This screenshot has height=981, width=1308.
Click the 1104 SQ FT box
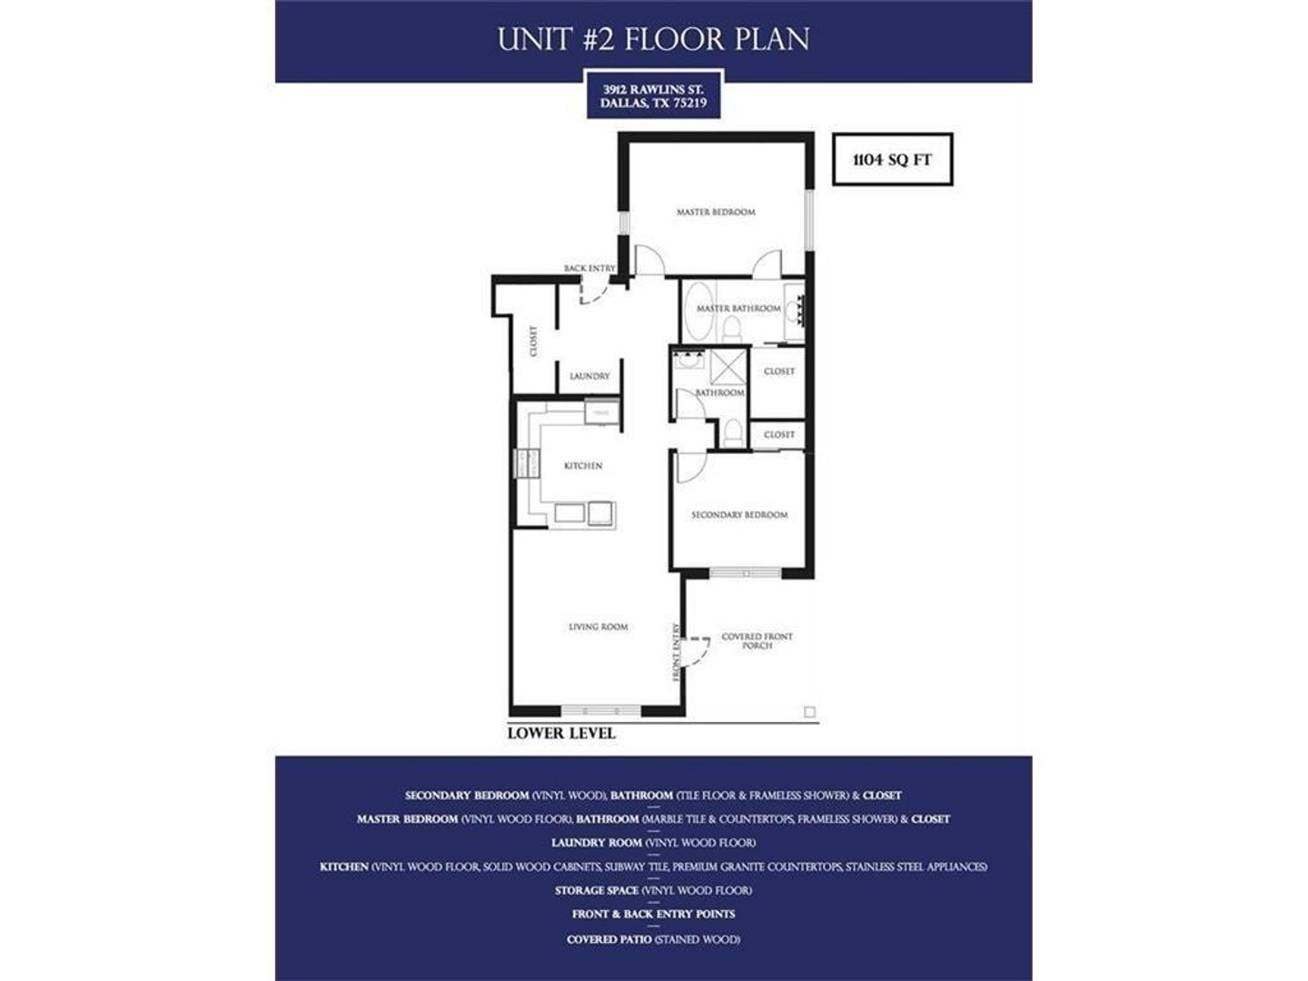pos(892,160)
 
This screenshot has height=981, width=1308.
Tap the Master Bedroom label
pos(716,212)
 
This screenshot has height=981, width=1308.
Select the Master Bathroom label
pos(738,309)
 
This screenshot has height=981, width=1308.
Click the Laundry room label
pos(590,376)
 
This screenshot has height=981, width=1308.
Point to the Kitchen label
pos(583,466)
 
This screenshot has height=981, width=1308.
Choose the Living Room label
pos(598,627)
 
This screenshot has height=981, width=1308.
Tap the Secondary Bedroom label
pos(739,515)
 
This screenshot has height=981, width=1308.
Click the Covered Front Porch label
pos(757,640)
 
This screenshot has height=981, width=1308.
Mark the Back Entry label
pos(590,269)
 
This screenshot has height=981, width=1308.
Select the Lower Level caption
pos(560,733)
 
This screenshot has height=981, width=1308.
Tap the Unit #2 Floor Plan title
pos(653,40)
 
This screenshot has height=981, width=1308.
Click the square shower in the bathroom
pos(728,367)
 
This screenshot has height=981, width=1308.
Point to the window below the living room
pos(589,710)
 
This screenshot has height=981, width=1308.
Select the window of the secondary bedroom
pos(745,573)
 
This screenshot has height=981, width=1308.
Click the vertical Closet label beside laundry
pos(533,342)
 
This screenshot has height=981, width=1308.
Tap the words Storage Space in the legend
pos(596,890)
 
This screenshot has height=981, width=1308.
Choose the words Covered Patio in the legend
pos(609,939)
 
